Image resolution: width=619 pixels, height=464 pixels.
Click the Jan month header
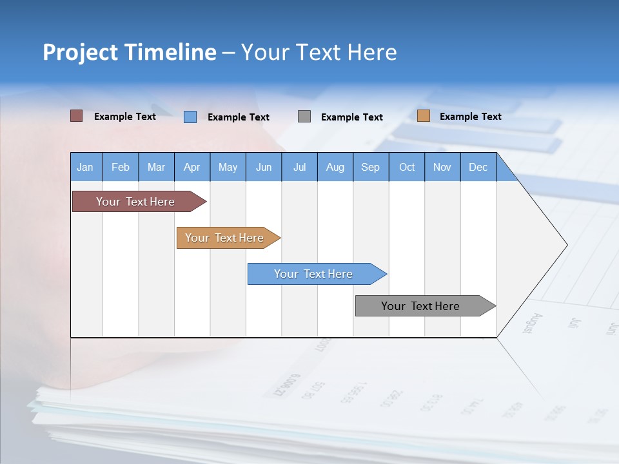(86, 167)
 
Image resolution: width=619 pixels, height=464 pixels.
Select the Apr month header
(192, 167)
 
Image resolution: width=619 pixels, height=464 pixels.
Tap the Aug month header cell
(335, 167)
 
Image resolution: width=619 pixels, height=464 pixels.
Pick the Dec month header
(478, 167)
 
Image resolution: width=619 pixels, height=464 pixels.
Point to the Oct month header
(407, 167)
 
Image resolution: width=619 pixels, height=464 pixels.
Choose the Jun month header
(264, 167)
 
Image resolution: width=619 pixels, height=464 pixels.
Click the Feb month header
(121, 167)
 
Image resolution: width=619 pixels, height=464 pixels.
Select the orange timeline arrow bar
(226, 238)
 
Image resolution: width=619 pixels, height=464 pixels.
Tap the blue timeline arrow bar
(314, 274)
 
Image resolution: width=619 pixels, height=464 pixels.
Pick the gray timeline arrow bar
(422, 306)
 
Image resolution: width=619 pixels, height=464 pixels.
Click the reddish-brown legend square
(76, 116)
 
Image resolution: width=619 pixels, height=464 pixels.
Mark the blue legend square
(190, 117)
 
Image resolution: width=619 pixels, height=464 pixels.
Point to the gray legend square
(304, 117)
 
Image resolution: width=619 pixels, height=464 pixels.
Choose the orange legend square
(423, 116)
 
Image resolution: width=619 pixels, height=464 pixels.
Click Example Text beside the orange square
(470, 116)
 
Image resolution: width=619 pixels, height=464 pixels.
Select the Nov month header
(442, 167)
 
